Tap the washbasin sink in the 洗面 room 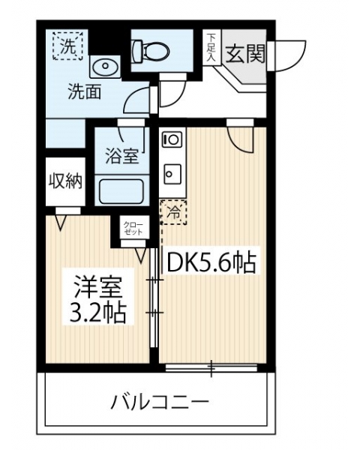(x=105, y=67)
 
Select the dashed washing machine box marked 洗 (x=67, y=46)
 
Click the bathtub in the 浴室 (x=121, y=191)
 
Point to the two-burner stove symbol (x=172, y=140)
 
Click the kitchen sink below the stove (x=172, y=174)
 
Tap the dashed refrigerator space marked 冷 (x=174, y=212)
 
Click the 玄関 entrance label (x=245, y=54)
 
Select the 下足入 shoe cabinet (x=211, y=47)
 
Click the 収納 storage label (x=65, y=181)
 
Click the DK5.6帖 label (x=211, y=262)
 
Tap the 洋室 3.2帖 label (x=98, y=299)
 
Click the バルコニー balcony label (x=160, y=402)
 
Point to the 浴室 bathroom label (x=122, y=157)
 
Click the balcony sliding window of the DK (x=211, y=368)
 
